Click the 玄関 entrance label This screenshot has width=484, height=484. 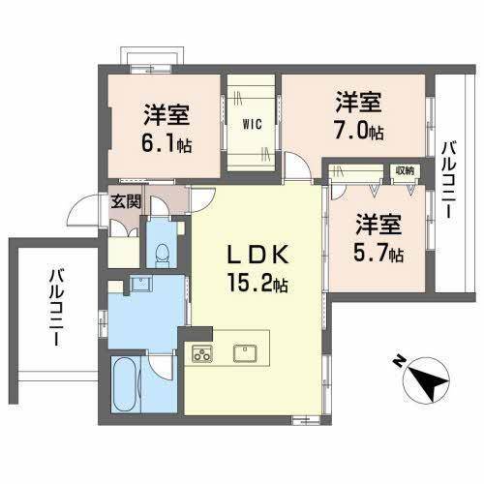[125, 201]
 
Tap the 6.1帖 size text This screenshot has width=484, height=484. [166, 146]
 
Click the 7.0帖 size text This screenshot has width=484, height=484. [358, 130]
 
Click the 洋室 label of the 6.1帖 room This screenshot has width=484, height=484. [166, 115]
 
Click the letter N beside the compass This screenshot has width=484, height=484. [397, 361]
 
